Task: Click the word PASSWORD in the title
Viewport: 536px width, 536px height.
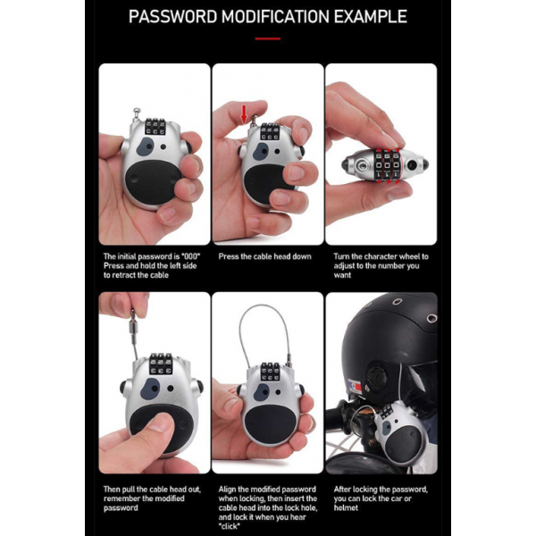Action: [x=173, y=16]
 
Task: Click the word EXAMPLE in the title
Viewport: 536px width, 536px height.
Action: [x=370, y=16]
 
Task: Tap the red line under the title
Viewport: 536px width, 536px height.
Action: [x=268, y=38]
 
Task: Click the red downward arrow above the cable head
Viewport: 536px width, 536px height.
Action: [x=244, y=113]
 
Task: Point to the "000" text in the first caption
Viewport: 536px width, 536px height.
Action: [x=191, y=256]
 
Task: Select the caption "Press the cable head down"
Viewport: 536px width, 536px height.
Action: [x=265, y=256]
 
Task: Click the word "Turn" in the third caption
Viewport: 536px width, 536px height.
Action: [x=341, y=256]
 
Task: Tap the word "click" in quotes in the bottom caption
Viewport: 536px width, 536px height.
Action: [x=229, y=526]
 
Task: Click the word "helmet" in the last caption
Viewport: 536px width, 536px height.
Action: [x=346, y=508]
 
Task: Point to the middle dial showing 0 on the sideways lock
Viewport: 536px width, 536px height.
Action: [x=388, y=163]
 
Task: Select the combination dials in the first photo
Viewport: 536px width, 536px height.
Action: [x=155, y=127]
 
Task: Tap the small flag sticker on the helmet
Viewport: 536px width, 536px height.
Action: [x=355, y=385]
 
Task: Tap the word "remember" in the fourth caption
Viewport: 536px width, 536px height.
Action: [x=120, y=498]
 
